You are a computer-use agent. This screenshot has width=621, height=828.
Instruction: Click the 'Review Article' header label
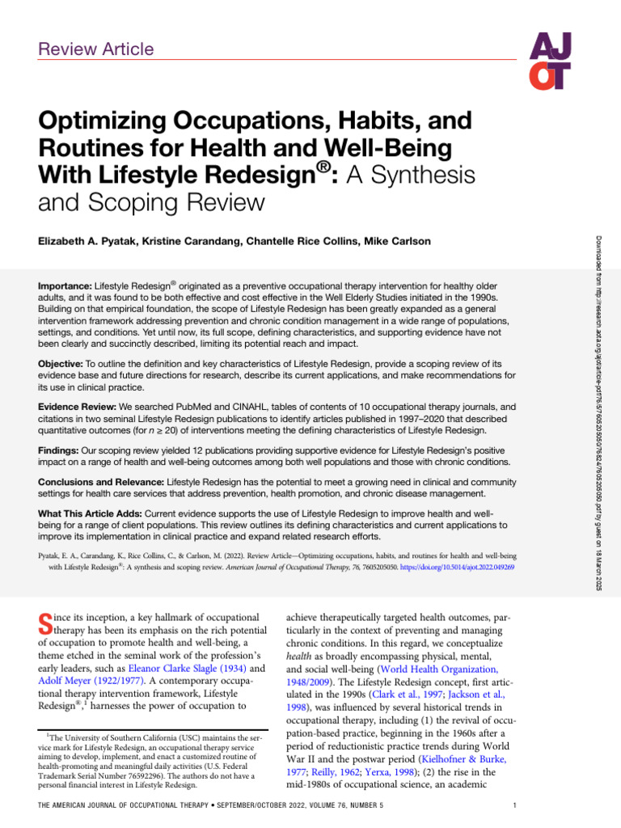(x=96, y=49)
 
